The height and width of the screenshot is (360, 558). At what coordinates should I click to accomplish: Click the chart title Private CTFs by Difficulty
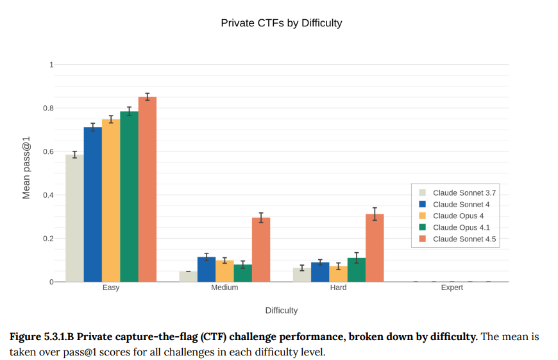[x=281, y=23]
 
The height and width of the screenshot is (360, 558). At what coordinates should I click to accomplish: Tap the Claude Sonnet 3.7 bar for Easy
[x=74, y=218]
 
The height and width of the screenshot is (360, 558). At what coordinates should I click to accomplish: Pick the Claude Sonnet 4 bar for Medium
[x=207, y=270]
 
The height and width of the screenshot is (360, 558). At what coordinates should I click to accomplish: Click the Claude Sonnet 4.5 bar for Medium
[x=261, y=250]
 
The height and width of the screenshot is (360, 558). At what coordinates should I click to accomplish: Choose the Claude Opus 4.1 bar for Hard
[x=357, y=270]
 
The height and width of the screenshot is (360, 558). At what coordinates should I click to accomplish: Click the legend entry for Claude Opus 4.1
[x=458, y=227]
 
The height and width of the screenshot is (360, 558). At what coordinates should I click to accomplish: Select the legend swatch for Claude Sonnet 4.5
[x=423, y=239]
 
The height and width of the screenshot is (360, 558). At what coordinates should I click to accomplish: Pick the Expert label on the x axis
[x=452, y=287]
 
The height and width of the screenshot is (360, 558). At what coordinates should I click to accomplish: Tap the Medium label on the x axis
[x=224, y=287]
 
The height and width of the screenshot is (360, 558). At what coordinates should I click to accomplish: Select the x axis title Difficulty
[x=282, y=311]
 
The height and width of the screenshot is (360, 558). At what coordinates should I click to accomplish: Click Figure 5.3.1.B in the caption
[x=48, y=337]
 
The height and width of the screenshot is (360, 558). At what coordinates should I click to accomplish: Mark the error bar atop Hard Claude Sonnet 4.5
[x=375, y=214]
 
